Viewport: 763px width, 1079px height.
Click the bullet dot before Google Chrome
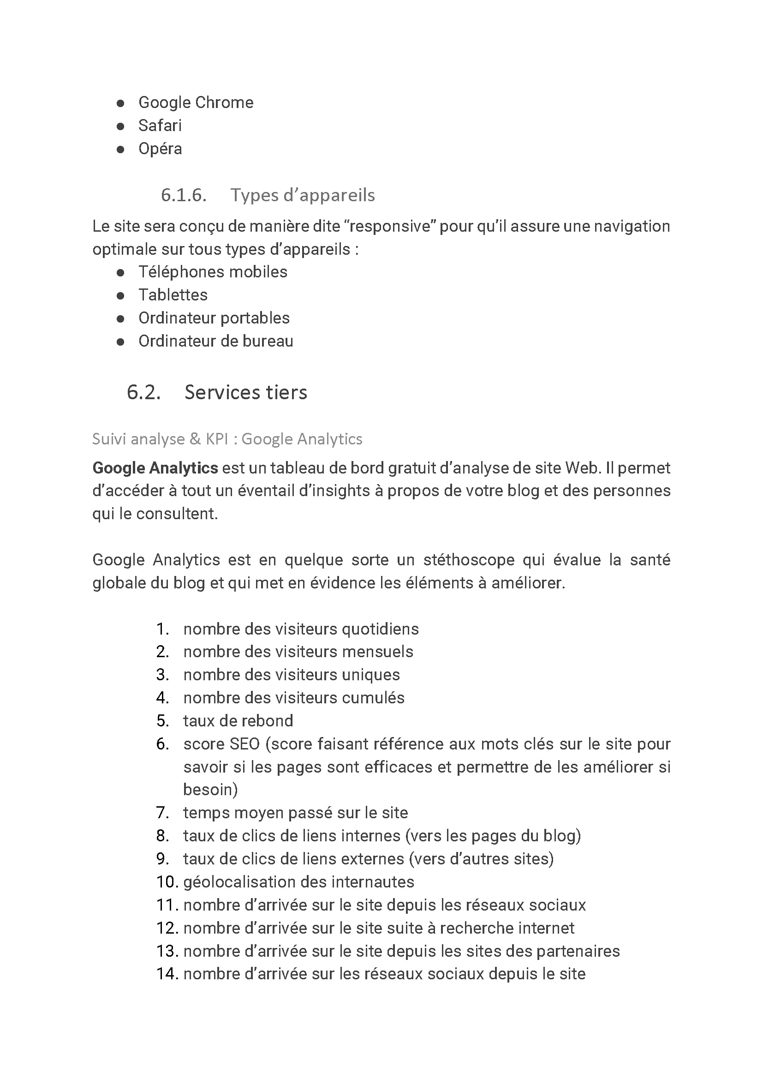(x=120, y=103)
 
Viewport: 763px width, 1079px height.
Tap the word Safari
(x=160, y=126)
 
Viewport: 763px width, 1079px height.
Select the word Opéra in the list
(x=160, y=149)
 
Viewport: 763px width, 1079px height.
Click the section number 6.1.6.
(x=183, y=195)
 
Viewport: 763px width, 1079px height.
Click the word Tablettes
(x=173, y=295)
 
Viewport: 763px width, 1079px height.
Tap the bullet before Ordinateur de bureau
(x=120, y=342)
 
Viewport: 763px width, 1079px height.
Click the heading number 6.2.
(x=143, y=392)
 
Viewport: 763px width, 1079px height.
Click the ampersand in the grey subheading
(x=195, y=439)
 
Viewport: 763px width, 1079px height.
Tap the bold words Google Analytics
(x=155, y=468)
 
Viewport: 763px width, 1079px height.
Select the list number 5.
(x=162, y=721)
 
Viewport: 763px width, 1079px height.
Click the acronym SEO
(x=244, y=744)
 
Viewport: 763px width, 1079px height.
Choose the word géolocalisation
(x=239, y=882)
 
